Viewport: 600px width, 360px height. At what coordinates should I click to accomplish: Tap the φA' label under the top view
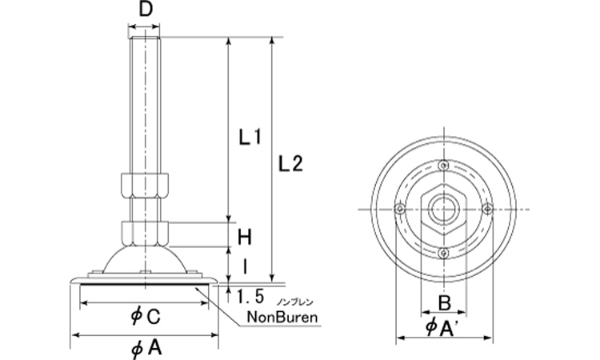click(x=442, y=329)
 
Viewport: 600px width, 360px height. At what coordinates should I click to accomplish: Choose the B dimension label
click(x=442, y=302)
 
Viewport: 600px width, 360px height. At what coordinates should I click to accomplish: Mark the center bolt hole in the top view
click(x=442, y=209)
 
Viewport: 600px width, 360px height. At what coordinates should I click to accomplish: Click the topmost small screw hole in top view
click(x=442, y=166)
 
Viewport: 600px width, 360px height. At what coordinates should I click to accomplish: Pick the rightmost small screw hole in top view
click(x=486, y=209)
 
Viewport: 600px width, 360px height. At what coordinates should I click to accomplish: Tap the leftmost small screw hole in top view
click(x=398, y=209)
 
